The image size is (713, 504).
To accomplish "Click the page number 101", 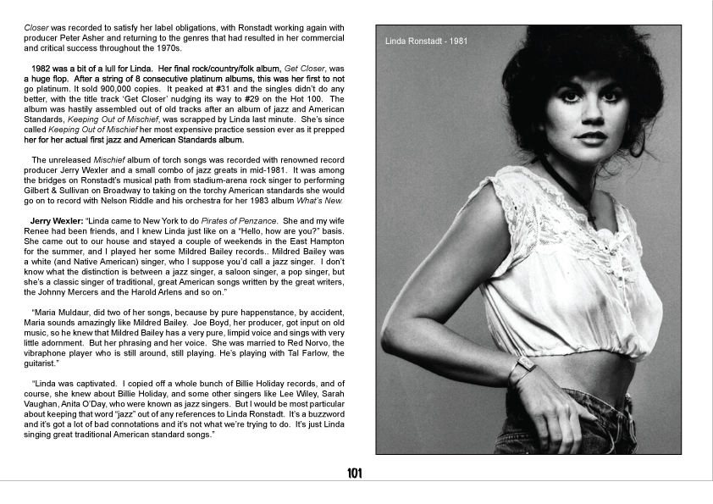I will pyautogui.click(x=355, y=474).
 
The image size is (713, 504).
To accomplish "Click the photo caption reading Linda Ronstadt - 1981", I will pyautogui.click(x=426, y=41).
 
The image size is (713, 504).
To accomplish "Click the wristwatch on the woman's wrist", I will pyautogui.click(x=523, y=363).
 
